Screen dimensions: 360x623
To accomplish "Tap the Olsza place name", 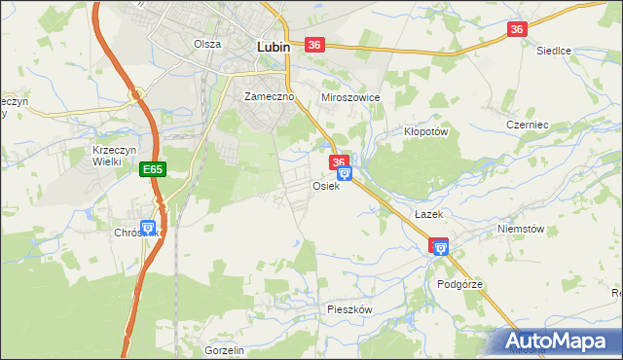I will (x=207, y=44).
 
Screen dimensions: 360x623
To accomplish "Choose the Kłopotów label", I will (x=424, y=131).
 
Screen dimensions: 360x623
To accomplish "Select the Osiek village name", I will (x=326, y=186).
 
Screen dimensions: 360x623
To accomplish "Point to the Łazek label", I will (x=428, y=214).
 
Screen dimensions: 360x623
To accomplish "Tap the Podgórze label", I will (x=459, y=284).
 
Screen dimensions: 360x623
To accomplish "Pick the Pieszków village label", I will (x=349, y=308).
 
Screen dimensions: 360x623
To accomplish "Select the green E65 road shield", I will (x=153, y=169).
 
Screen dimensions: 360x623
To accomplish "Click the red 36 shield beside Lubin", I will (x=313, y=45).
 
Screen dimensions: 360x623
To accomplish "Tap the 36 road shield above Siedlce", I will (x=517, y=30).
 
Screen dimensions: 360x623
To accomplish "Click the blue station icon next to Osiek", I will (x=344, y=174).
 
